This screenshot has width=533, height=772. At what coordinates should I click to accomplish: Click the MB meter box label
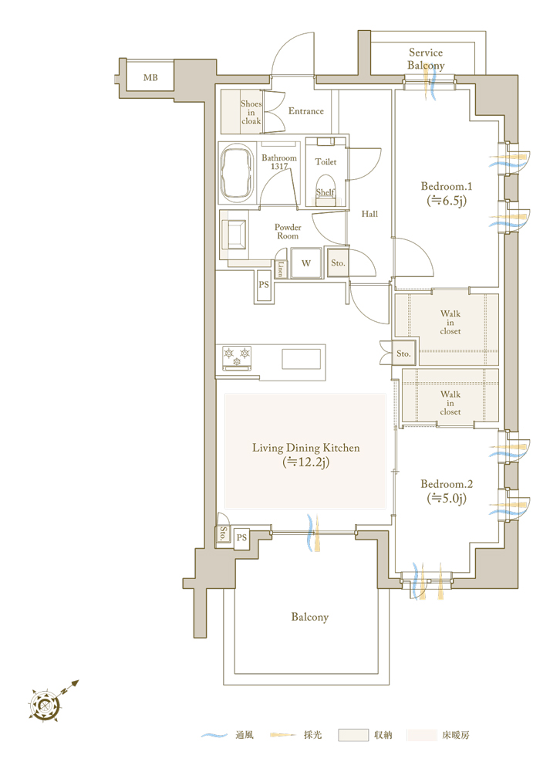coord(150,78)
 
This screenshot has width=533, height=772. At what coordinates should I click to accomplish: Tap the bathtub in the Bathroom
coord(238,173)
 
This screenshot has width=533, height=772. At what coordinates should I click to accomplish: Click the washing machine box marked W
coord(306,263)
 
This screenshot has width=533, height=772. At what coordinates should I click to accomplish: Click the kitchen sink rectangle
coord(301,359)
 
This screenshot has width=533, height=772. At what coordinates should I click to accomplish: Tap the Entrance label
coord(306,111)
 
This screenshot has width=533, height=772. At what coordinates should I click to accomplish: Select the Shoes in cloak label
coord(251,112)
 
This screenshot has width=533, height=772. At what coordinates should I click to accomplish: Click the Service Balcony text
coord(426,59)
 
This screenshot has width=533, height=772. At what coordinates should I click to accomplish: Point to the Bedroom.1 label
coord(447,193)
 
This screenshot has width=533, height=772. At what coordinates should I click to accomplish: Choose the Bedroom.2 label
coord(447,491)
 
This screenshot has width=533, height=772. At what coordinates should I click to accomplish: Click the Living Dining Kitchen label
coord(305,455)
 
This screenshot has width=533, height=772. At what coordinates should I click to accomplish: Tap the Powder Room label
coord(288,232)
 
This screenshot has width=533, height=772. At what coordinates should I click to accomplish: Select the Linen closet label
coord(281,269)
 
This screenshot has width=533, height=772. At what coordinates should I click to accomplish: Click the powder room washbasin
coord(234,235)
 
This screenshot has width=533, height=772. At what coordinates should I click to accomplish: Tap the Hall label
coord(369,214)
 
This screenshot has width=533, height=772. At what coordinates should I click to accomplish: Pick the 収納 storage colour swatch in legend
coord(353,735)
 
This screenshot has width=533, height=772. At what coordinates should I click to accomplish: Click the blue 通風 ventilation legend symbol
coord(214,735)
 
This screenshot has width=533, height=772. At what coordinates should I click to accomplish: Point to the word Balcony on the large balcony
coord(309,617)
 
